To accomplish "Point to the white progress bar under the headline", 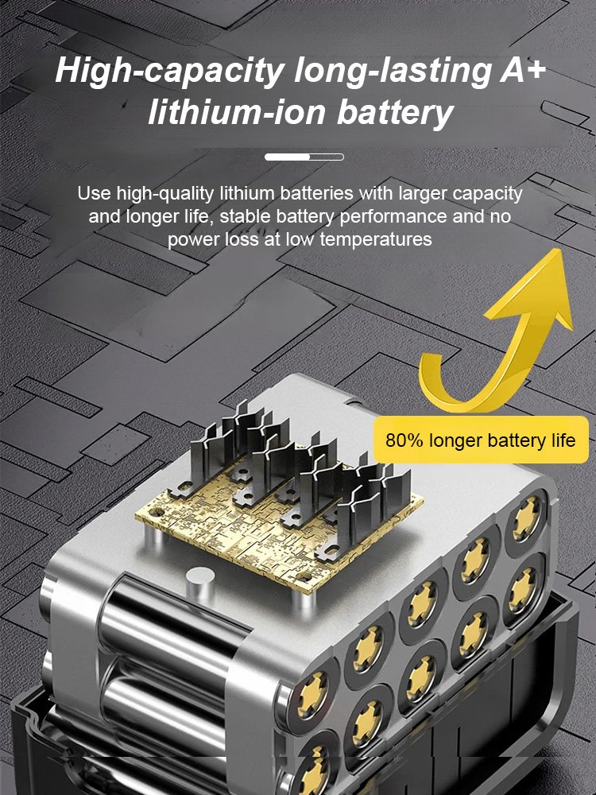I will click(x=304, y=157).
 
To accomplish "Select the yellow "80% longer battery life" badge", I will click(x=480, y=440).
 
